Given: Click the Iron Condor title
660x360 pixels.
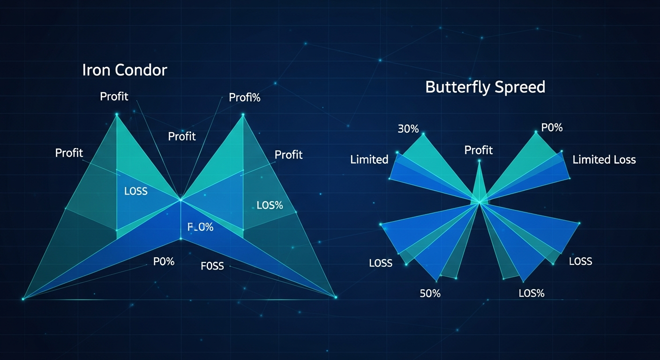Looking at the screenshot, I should (x=124, y=70).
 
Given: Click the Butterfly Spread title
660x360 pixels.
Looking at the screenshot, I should (x=485, y=87).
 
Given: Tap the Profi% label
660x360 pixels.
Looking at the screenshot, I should (x=244, y=98).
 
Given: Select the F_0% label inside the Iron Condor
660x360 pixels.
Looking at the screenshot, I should (x=200, y=227).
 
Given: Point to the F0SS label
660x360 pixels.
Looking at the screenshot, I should (x=212, y=266).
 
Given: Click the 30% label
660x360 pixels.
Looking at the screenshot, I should (x=408, y=129).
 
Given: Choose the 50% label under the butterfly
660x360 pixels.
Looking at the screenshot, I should (x=430, y=294).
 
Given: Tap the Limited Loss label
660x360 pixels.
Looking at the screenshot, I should (x=604, y=160).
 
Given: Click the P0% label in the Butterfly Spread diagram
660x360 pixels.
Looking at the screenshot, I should (x=552, y=127).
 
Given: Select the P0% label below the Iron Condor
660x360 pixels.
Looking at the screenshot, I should (x=164, y=262).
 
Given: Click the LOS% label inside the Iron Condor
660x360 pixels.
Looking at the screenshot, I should (x=270, y=205).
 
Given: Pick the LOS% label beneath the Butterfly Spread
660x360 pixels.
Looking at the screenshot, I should (x=532, y=294).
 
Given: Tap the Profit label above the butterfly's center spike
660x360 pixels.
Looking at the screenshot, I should (x=478, y=150).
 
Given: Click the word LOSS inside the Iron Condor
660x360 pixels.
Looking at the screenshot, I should (x=136, y=191).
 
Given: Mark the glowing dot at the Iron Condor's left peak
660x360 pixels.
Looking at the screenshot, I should (x=117, y=114).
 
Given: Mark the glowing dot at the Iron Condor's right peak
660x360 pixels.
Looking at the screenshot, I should (x=243, y=114).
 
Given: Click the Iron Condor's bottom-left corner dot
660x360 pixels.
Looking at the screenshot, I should (x=23, y=299).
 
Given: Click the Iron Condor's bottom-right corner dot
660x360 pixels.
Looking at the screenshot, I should (x=335, y=297).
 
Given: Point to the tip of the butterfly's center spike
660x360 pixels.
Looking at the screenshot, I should (x=479, y=161).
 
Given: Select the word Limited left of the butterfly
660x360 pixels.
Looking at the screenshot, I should (x=369, y=160).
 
